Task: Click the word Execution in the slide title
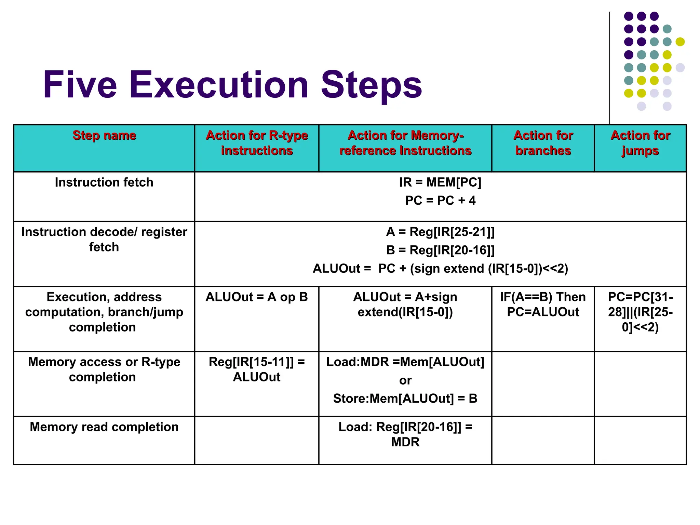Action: click(x=219, y=85)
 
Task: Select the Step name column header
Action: click(x=104, y=136)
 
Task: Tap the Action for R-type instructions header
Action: click(x=257, y=143)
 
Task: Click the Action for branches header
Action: click(x=543, y=143)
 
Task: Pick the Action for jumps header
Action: click(x=640, y=143)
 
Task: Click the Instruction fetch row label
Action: click(x=104, y=182)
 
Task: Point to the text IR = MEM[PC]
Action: click(x=440, y=182)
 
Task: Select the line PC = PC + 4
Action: click(x=440, y=200)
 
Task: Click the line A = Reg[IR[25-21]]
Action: click(x=440, y=232)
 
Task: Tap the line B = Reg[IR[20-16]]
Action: click(x=440, y=250)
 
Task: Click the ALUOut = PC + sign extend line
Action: click(x=440, y=269)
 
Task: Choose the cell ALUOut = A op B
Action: click(x=257, y=297)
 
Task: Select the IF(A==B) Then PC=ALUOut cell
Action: click(x=543, y=304)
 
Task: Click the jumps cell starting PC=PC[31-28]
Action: click(x=640, y=312)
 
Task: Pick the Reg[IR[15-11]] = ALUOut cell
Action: click(x=257, y=369)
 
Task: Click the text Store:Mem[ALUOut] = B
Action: click(x=405, y=399)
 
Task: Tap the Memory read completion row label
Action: click(x=104, y=427)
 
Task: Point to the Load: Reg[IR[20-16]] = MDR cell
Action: click(x=405, y=434)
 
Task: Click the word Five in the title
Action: click(x=80, y=85)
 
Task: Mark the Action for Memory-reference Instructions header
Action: click(x=405, y=143)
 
